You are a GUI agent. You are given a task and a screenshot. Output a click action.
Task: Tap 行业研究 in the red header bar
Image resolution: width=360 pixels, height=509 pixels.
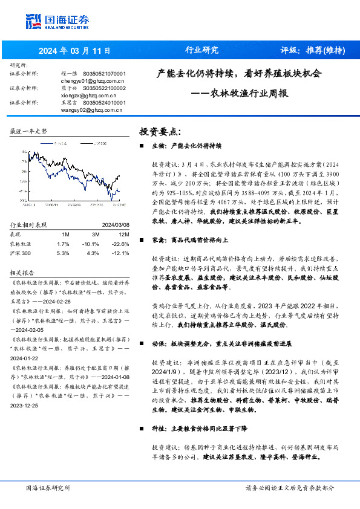point(201,50)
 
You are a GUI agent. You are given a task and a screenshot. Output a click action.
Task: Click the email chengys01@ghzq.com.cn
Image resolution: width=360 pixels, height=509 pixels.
point(93,80)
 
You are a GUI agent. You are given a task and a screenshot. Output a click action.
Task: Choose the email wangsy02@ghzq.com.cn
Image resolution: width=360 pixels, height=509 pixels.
point(93,109)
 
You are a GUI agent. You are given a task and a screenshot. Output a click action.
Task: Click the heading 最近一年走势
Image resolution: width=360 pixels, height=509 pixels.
point(28,131)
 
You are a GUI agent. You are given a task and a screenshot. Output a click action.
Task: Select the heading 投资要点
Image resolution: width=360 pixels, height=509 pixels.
point(160,131)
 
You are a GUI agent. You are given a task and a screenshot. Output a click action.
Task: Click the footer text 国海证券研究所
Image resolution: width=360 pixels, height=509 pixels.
point(48,487)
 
